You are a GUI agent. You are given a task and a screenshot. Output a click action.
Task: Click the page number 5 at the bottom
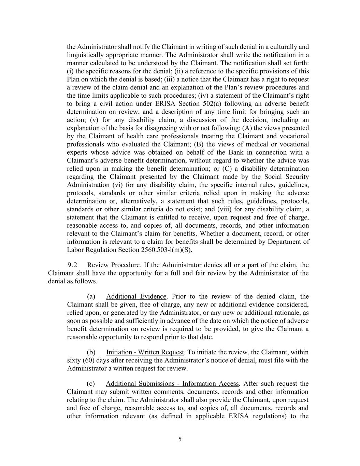point(180,439)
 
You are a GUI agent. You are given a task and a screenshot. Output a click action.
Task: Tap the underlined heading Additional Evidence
point(136,296)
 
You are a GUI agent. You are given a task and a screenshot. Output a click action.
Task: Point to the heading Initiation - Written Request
point(145,352)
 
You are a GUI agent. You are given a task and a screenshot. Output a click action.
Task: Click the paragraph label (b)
point(91,352)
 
